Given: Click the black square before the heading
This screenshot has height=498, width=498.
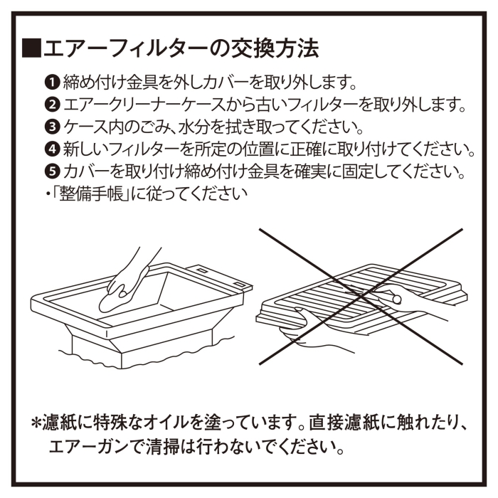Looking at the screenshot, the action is (x=31, y=48).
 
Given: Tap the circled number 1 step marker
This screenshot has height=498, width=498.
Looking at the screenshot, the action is (x=52, y=83).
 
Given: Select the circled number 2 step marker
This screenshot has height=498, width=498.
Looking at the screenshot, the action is (x=52, y=105).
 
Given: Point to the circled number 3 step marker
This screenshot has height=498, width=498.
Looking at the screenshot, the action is (x=52, y=127).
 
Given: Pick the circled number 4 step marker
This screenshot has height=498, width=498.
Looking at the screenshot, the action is (x=52, y=149).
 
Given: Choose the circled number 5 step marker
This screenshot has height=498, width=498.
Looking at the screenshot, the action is (x=52, y=171).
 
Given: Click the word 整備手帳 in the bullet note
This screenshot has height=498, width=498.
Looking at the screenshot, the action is (x=91, y=193).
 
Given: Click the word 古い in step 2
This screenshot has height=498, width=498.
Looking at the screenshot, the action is (x=264, y=105).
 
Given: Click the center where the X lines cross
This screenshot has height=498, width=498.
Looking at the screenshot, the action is (x=361, y=297).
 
